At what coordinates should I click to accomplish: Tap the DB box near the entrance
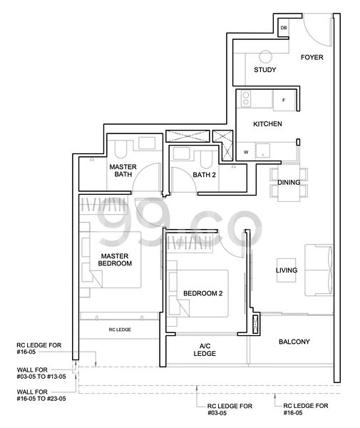pos(283,28)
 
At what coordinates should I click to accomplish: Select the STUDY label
pos(265,70)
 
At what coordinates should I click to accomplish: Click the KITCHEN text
pos(268,124)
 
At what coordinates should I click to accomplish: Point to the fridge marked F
pos(283,100)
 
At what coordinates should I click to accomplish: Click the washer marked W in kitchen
pos(247,151)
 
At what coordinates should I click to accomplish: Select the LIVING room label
pos(287,270)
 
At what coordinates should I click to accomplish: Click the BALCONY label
pos(294,342)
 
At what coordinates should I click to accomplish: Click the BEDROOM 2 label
pos(203,293)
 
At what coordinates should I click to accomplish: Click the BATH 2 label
pos(203,173)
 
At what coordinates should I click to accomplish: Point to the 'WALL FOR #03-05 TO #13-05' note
pos(40,374)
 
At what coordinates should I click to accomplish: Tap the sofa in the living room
pos(317,270)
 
